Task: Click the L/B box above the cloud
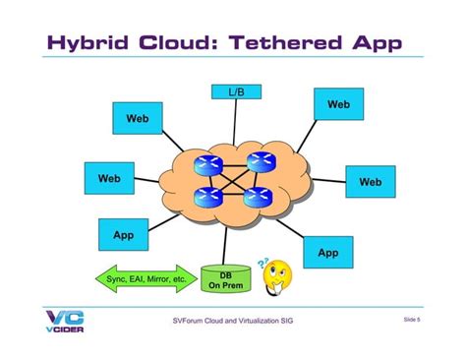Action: pos(235,91)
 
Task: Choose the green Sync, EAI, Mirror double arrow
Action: pos(146,279)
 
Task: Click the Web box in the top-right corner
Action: pos(338,104)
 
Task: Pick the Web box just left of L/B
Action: pos(137,119)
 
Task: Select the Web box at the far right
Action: pos(370,182)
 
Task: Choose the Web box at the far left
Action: pos(109,179)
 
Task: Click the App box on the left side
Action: pos(123,236)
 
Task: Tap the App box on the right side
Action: pos(327,253)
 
